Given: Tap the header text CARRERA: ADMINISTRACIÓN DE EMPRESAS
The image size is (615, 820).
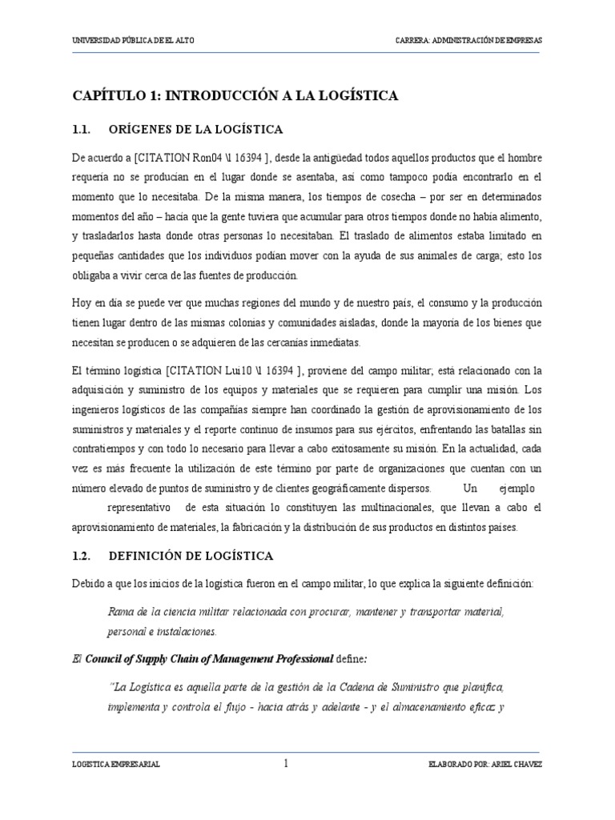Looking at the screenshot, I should [x=468, y=41].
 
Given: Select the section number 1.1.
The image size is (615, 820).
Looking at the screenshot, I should [x=83, y=130].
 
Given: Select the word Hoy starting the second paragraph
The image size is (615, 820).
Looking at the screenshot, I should [x=82, y=303].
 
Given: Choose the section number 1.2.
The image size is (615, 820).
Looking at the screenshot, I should [x=83, y=555].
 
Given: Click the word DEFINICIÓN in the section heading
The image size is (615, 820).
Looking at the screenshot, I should [x=152, y=555].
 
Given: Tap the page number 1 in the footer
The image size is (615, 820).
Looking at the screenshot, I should [x=286, y=764].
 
